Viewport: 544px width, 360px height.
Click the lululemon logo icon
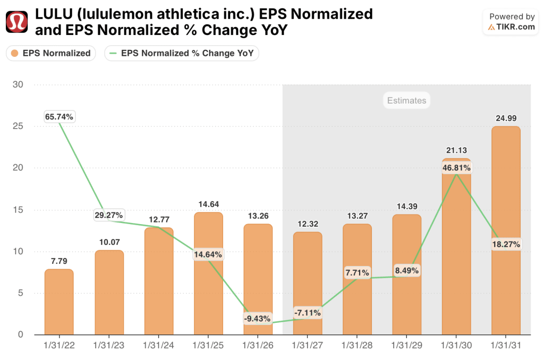coord(16,22)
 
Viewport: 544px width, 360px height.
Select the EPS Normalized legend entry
coord(51,53)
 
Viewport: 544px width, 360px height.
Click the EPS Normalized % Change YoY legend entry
coord(182,53)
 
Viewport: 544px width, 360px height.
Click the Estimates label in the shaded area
coord(406,100)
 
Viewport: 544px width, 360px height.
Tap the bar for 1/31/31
coord(506,230)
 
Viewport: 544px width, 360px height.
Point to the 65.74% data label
coord(59,116)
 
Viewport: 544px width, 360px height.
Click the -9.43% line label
coord(258,319)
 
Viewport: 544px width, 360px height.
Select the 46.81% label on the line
coord(456,168)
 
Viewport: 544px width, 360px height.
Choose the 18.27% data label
coord(506,244)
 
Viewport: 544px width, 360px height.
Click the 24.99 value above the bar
coord(506,118)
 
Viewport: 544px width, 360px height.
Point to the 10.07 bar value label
coord(109,242)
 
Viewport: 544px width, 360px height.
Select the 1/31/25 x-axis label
coord(208,345)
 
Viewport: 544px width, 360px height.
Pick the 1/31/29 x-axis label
coord(407,345)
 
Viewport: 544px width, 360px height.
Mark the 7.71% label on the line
coord(357,272)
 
